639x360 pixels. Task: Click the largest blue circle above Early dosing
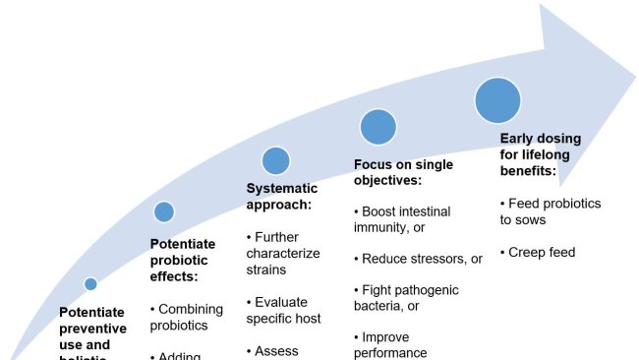(x=497, y=100)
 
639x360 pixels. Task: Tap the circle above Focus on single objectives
(x=378, y=127)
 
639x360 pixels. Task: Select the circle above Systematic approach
(x=276, y=160)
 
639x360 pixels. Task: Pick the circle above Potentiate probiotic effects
(x=164, y=211)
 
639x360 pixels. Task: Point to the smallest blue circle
(x=90, y=284)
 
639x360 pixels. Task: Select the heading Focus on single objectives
(x=403, y=173)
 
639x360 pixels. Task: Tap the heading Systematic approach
(x=281, y=197)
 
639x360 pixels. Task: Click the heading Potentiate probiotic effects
(x=182, y=260)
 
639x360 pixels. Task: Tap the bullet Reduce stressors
(x=418, y=259)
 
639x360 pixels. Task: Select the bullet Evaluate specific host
(x=283, y=310)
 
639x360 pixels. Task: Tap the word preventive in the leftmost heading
(x=92, y=330)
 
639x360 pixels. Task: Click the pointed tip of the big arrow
(x=633, y=78)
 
